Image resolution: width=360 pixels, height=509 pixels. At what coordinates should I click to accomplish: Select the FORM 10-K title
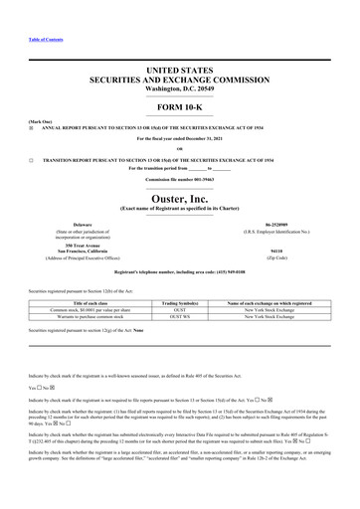coord(179,106)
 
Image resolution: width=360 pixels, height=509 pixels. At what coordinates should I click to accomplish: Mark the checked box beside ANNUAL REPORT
coord(31,127)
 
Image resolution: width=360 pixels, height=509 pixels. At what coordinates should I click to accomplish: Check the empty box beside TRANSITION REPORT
coord(31,158)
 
